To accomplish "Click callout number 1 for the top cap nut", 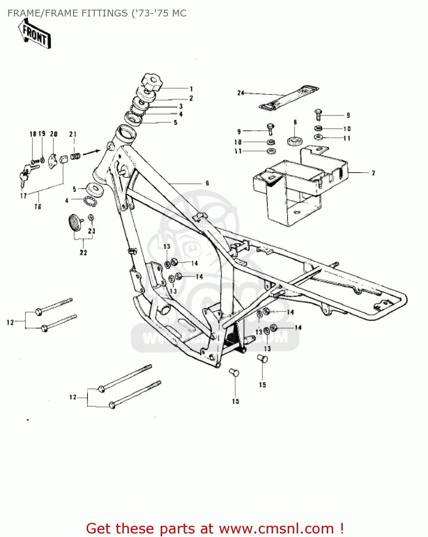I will tap(191, 89).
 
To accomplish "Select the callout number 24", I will tap(240, 93).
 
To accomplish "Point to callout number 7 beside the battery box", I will tap(373, 173).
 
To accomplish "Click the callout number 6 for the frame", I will tap(207, 183).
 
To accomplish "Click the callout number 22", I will tap(83, 253).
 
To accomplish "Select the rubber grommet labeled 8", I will tap(295, 141).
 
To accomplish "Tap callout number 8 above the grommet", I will tap(295, 122).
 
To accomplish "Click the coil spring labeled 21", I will tap(75, 156).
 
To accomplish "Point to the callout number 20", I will tap(54, 134).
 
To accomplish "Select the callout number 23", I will tap(92, 231).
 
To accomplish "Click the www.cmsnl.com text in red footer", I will tap(276, 528).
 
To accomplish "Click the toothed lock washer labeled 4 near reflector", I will tap(91, 201).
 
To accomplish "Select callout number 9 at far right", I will tap(348, 115).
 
